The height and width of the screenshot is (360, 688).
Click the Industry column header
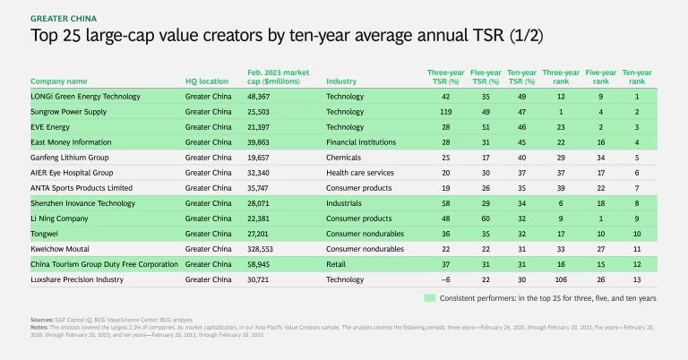point(341,80)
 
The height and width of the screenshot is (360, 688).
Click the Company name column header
point(59,80)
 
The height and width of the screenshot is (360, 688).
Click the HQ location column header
point(206,80)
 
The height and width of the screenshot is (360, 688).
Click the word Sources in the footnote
point(40,318)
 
